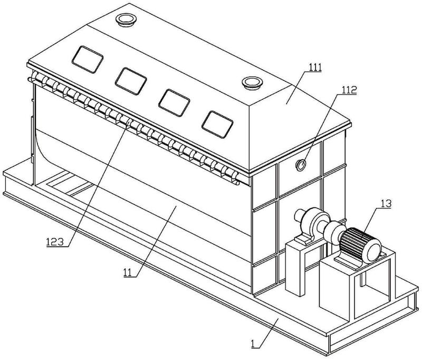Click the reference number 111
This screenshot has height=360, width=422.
pyautogui.click(x=315, y=68)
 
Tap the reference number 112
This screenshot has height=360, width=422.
pyautogui.click(x=349, y=90)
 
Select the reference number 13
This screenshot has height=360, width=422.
pyautogui.click(x=386, y=204)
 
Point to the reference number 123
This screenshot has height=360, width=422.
pyautogui.click(x=55, y=242)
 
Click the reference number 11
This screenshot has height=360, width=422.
pyautogui.click(x=128, y=272)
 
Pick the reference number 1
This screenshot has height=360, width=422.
pyautogui.click(x=253, y=344)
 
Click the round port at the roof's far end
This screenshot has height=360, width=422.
pyautogui.click(x=126, y=20)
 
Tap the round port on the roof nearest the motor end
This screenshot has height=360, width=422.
pyautogui.click(x=252, y=82)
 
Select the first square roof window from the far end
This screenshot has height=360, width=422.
pyautogui.click(x=88, y=59)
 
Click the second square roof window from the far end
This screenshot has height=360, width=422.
pyautogui.click(x=131, y=81)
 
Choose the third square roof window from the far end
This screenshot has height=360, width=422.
pyautogui.click(x=174, y=103)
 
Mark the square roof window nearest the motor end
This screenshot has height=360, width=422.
pyautogui.click(x=217, y=125)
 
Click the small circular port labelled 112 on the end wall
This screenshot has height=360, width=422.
pyautogui.click(x=301, y=165)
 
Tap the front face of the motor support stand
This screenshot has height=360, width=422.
pyautogui.click(x=337, y=291)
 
